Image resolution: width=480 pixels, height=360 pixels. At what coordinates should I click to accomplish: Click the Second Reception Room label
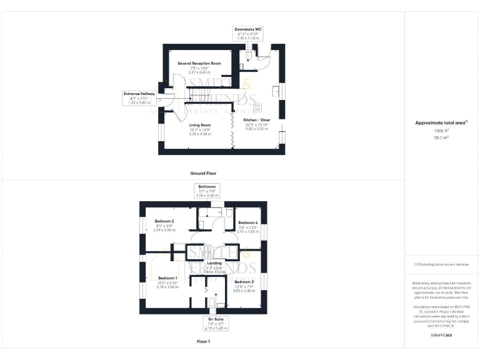(199, 64)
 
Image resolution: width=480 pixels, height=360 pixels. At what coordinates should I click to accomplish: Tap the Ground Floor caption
(204, 172)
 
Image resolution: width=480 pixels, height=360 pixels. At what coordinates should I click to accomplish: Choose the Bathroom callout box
(207, 191)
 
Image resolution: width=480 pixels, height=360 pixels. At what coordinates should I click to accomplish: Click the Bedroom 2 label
(164, 221)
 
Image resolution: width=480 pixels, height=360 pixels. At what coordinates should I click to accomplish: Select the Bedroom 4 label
(247, 222)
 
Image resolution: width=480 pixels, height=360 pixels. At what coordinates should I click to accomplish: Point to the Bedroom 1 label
(167, 277)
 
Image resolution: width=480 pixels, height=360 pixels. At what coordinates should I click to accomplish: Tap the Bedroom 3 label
(244, 282)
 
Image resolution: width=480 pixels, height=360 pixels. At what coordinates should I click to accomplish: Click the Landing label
(206, 263)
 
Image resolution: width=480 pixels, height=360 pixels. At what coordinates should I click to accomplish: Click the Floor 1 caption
(204, 342)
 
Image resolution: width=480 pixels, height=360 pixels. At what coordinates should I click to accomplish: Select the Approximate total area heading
(441, 122)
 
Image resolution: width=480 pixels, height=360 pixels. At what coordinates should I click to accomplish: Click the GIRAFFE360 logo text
(441, 336)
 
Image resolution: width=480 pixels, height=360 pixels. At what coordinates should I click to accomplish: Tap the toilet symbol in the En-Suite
(212, 305)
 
